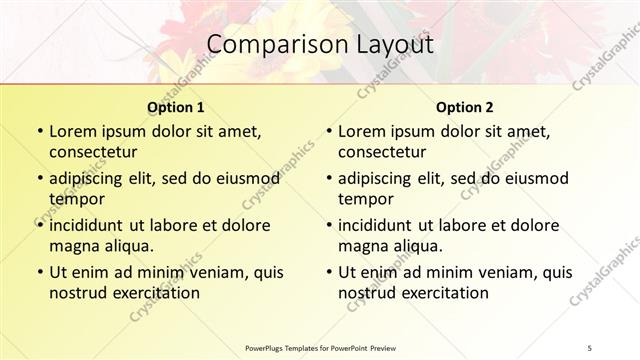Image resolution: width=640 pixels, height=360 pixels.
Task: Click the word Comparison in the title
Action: [269, 44]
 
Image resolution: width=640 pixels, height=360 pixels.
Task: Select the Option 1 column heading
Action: [175, 107]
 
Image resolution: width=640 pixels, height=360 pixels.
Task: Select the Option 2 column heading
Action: [464, 107]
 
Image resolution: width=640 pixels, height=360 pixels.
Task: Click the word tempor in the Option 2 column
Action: [363, 198]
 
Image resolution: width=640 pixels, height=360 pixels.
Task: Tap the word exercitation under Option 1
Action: [153, 293]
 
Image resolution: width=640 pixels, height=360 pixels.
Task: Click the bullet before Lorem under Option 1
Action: [39, 132]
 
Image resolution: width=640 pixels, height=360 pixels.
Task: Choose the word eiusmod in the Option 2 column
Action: [533, 178]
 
